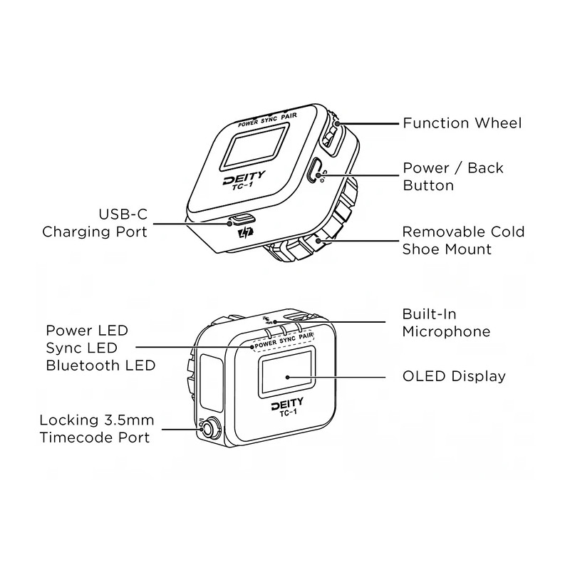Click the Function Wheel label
click(x=462, y=123)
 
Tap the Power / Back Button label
click(x=452, y=177)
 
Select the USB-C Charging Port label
click(x=95, y=223)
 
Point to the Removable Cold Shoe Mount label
click(x=463, y=240)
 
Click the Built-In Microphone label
click(x=446, y=323)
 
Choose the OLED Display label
click(x=454, y=376)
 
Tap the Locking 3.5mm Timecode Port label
click(x=96, y=428)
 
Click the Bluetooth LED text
click(x=100, y=366)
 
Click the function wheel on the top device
click(x=333, y=133)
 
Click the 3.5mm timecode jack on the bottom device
click(x=209, y=429)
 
